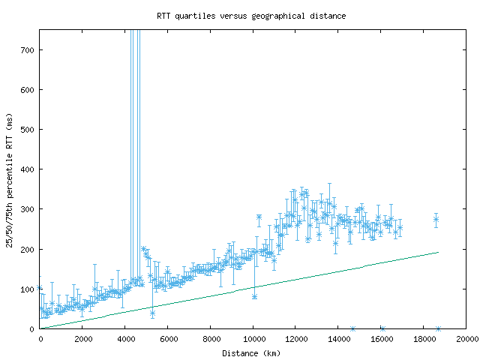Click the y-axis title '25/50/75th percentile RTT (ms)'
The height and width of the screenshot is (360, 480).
click(10, 179)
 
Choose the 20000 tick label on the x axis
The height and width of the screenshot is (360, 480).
click(466, 339)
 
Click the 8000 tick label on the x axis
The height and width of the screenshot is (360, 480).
click(211, 339)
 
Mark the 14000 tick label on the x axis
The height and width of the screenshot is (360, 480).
click(338, 339)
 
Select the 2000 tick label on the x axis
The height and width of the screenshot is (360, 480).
click(82, 339)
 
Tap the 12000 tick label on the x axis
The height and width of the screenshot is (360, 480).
click(295, 339)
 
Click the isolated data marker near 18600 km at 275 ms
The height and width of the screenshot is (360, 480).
click(436, 220)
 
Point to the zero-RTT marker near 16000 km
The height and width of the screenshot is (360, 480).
click(382, 328)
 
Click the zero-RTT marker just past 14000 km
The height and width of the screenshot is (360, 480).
click(352, 328)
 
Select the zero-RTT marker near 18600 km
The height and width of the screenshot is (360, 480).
click(438, 328)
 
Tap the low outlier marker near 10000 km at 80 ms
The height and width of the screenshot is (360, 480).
click(254, 296)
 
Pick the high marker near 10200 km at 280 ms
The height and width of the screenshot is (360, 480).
click(259, 217)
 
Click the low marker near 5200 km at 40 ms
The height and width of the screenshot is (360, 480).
click(152, 313)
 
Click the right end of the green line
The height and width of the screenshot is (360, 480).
click(438, 252)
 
